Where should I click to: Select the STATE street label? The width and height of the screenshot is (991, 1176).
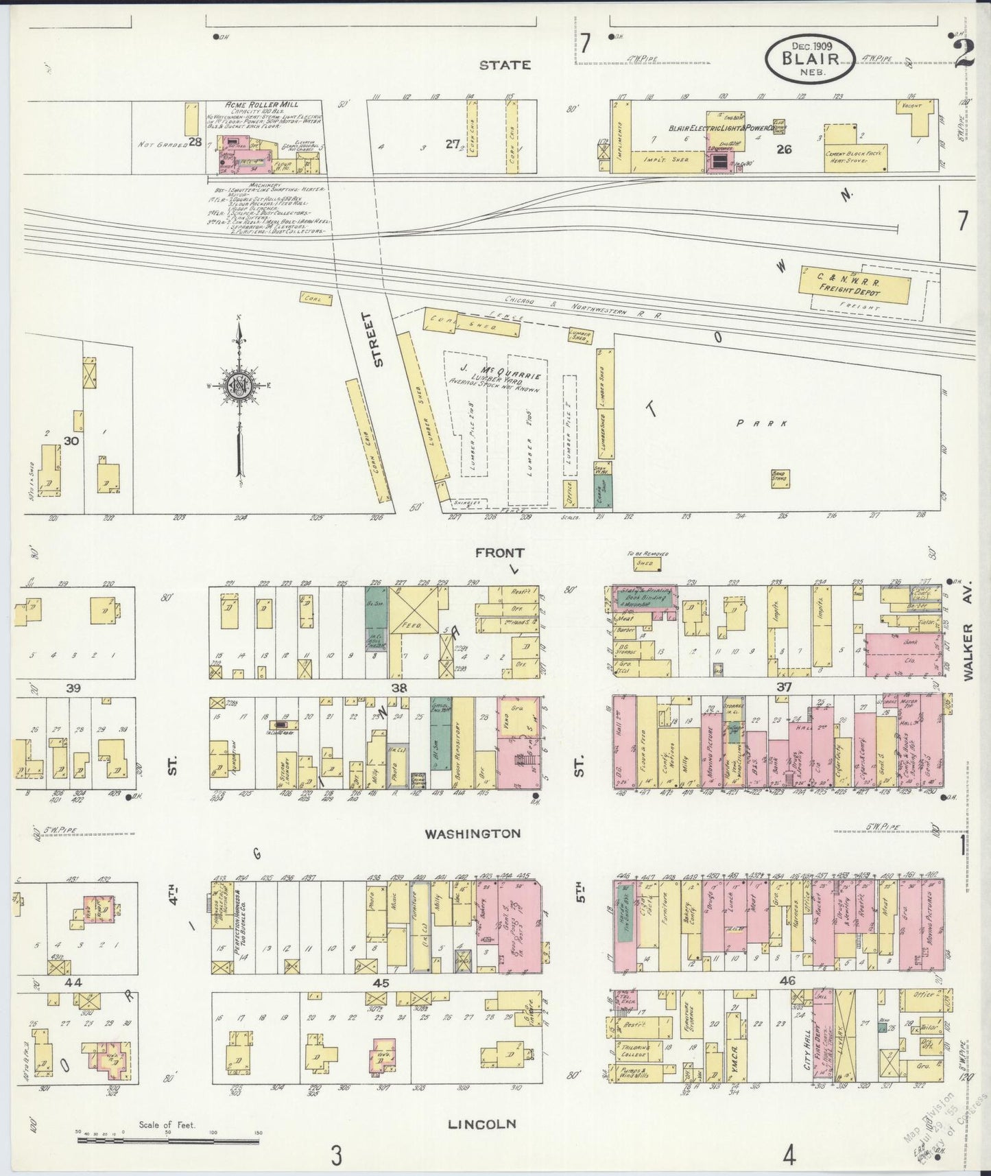505,65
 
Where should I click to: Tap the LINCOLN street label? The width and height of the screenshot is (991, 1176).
481,1124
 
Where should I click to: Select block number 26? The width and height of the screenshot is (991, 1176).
784,148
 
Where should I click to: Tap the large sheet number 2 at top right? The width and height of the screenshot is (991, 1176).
964,52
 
